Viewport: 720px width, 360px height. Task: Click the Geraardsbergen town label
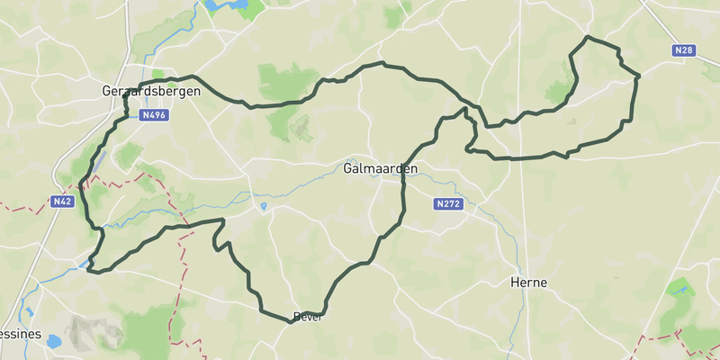150,92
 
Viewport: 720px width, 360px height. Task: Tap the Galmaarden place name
372,168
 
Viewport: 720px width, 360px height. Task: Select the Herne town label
528,283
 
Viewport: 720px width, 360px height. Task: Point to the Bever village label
307,317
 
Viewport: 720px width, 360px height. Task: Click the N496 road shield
152,115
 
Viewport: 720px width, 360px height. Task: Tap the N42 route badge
62,202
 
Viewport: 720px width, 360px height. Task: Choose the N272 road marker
447,204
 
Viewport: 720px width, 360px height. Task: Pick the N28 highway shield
683,51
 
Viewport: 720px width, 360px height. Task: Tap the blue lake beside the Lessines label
53,342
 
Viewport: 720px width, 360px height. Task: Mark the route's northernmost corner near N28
587,37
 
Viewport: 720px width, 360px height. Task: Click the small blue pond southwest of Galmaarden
262,207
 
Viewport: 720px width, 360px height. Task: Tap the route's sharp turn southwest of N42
91,267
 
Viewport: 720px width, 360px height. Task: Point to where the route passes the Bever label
292,319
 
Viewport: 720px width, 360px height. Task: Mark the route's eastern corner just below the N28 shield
637,77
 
